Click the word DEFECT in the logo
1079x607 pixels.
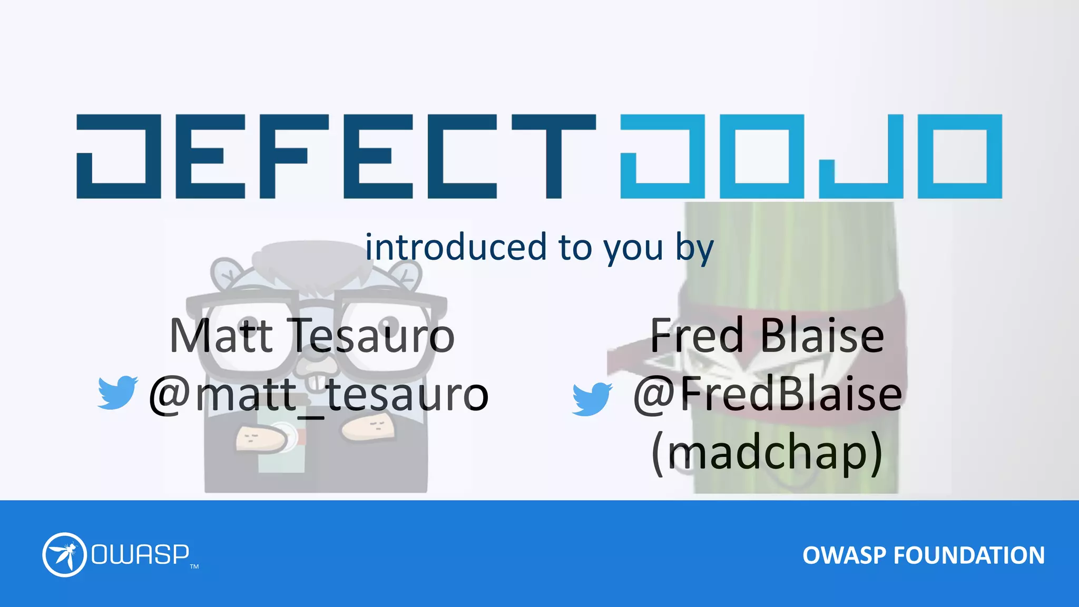point(336,156)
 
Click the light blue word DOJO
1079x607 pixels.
point(811,156)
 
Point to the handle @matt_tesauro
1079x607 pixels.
point(319,395)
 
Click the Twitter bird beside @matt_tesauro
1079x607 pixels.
point(117,392)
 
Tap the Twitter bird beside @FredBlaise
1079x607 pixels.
point(592,399)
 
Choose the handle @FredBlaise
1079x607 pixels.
point(767,395)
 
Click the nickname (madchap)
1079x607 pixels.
point(767,453)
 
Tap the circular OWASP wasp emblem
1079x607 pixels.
point(64,555)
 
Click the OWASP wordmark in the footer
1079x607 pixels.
point(140,554)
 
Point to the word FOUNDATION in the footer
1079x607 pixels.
point(969,555)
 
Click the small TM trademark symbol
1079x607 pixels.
point(194,567)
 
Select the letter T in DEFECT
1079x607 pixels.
point(554,156)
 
